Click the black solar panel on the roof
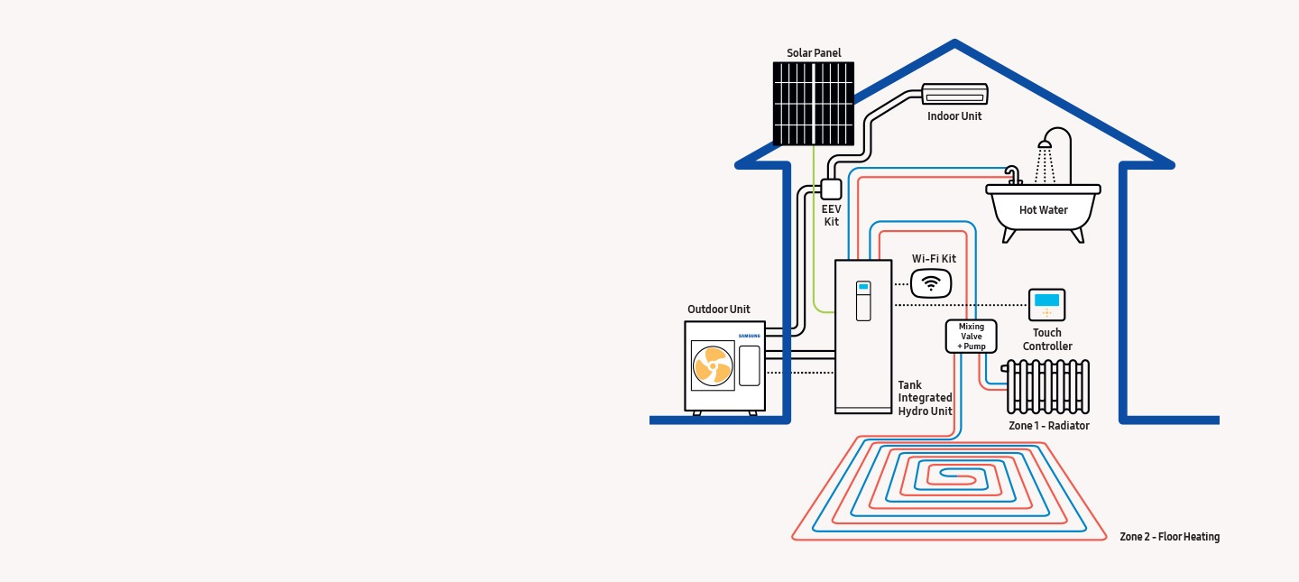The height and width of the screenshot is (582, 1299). pyautogui.click(x=813, y=103)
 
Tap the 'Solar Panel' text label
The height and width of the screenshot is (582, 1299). pyautogui.click(x=814, y=53)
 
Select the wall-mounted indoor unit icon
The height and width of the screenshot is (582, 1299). pyautogui.click(x=955, y=94)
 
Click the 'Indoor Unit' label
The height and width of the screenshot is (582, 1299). pyautogui.click(x=954, y=116)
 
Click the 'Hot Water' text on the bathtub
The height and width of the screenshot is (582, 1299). pyautogui.click(x=1043, y=210)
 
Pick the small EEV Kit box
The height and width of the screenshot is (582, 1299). pyautogui.click(x=831, y=189)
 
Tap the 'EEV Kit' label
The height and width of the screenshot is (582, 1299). pyautogui.click(x=831, y=216)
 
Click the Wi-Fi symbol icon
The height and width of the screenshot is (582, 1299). pyautogui.click(x=931, y=283)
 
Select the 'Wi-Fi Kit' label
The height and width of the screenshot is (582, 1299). pyautogui.click(x=934, y=259)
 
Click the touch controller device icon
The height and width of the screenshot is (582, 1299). pyautogui.click(x=1047, y=304)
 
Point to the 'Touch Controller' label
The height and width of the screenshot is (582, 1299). pyautogui.click(x=1047, y=339)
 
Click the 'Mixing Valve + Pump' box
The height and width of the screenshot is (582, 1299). pyautogui.click(x=971, y=337)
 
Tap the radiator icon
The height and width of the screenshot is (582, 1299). pyautogui.click(x=1047, y=386)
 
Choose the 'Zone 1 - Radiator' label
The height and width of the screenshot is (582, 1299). pyautogui.click(x=1048, y=426)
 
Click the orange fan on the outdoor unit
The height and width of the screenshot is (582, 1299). pyautogui.click(x=712, y=365)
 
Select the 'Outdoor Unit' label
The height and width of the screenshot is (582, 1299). pyautogui.click(x=718, y=309)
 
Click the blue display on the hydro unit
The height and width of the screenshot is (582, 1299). pyautogui.click(x=863, y=287)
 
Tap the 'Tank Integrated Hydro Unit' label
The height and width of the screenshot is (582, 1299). pyautogui.click(x=925, y=398)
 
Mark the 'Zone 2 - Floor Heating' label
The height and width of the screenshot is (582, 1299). pyautogui.click(x=1169, y=537)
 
